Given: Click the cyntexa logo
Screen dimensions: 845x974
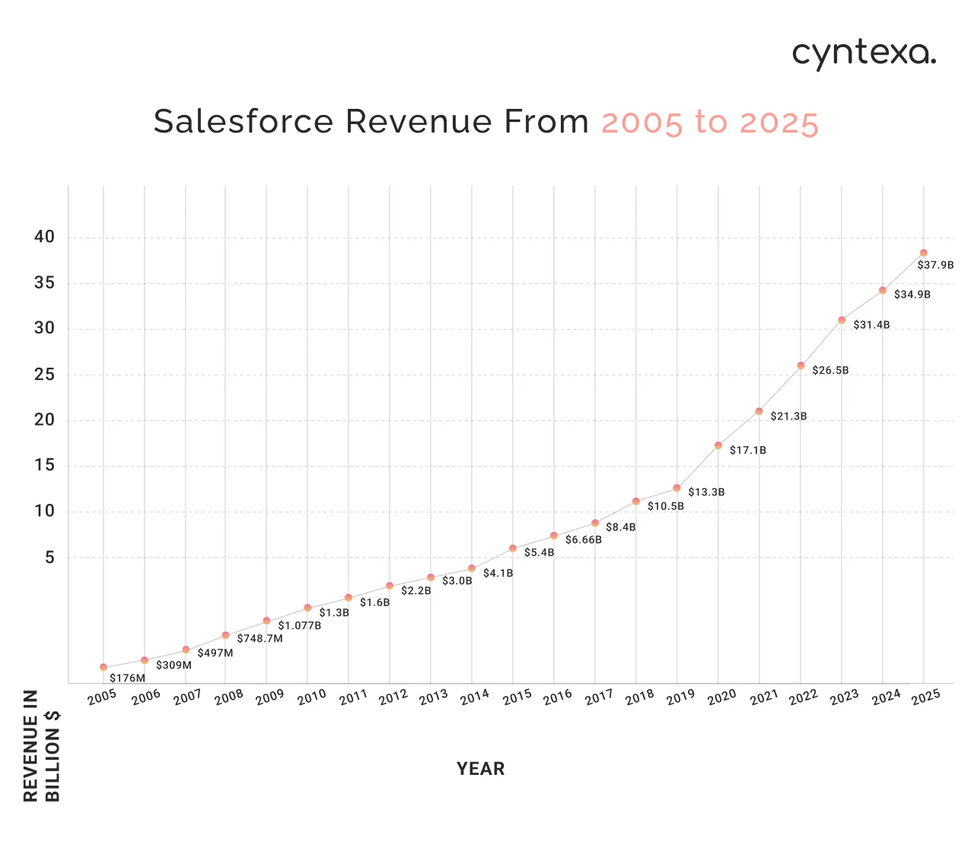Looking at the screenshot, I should pyautogui.click(x=864, y=54).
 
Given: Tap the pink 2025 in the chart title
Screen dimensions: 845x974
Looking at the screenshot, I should pyautogui.click(x=778, y=123).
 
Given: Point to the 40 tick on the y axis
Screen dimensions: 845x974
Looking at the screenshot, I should pyautogui.click(x=45, y=237).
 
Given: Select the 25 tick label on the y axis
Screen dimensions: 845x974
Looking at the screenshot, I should pyautogui.click(x=45, y=375).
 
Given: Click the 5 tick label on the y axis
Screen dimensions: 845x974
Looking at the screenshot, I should pyautogui.click(x=50, y=558).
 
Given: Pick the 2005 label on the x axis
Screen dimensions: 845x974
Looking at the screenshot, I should pyautogui.click(x=102, y=697).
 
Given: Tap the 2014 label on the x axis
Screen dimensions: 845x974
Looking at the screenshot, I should pyautogui.click(x=474, y=697).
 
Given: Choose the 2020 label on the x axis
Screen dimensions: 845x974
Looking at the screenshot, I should pyautogui.click(x=721, y=697).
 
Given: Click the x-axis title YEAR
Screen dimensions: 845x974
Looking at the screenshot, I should pyautogui.click(x=480, y=769).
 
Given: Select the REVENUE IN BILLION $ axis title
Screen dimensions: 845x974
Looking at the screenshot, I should pyautogui.click(x=42, y=746).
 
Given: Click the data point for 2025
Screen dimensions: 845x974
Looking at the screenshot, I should pyautogui.click(x=923, y=253).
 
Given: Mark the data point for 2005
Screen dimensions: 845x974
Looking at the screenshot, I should pyautogui.click(x=103, y=667).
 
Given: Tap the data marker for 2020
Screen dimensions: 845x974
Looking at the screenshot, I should pyautogui.click(x=718, y=445).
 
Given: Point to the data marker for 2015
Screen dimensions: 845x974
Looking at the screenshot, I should pyautogui.click(x=513, y=548).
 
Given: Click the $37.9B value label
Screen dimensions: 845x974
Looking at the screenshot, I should pyautogui.click(x=935, y=266).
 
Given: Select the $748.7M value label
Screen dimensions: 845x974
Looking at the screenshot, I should pyautogui.click(x=259, y=639).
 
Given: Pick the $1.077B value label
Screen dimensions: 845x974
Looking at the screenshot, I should pyautogui.click(x=299, y=626).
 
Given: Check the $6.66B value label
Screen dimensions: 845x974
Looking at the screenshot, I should pyautogui.click(x=583, y=540).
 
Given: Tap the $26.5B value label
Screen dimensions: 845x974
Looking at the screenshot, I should pyautogui.click(x=830, y=371).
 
